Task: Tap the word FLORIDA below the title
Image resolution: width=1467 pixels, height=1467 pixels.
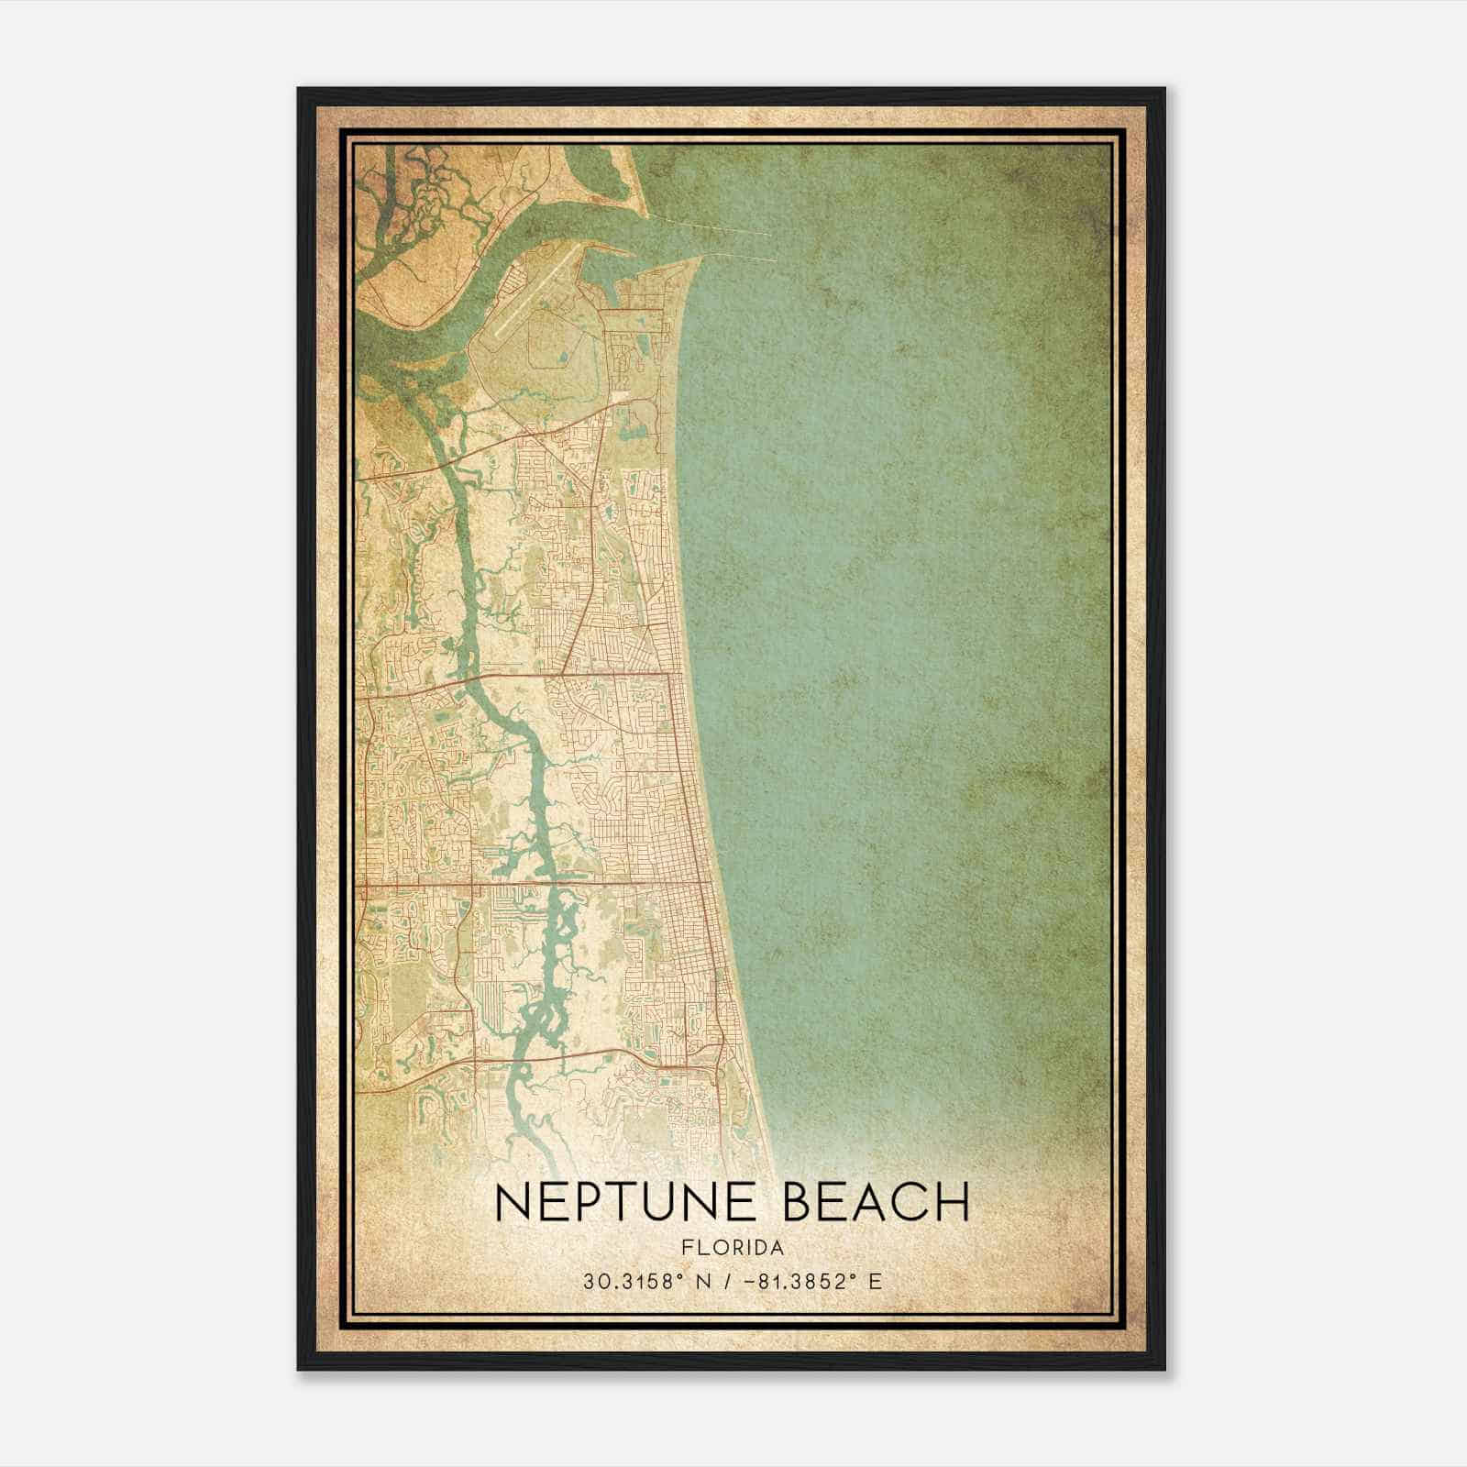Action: tap(733, 1247)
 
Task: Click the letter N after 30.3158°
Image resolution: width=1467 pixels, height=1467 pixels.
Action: tap(703, 1281)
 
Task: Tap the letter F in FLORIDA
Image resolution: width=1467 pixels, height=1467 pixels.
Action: tap(687, 1247)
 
